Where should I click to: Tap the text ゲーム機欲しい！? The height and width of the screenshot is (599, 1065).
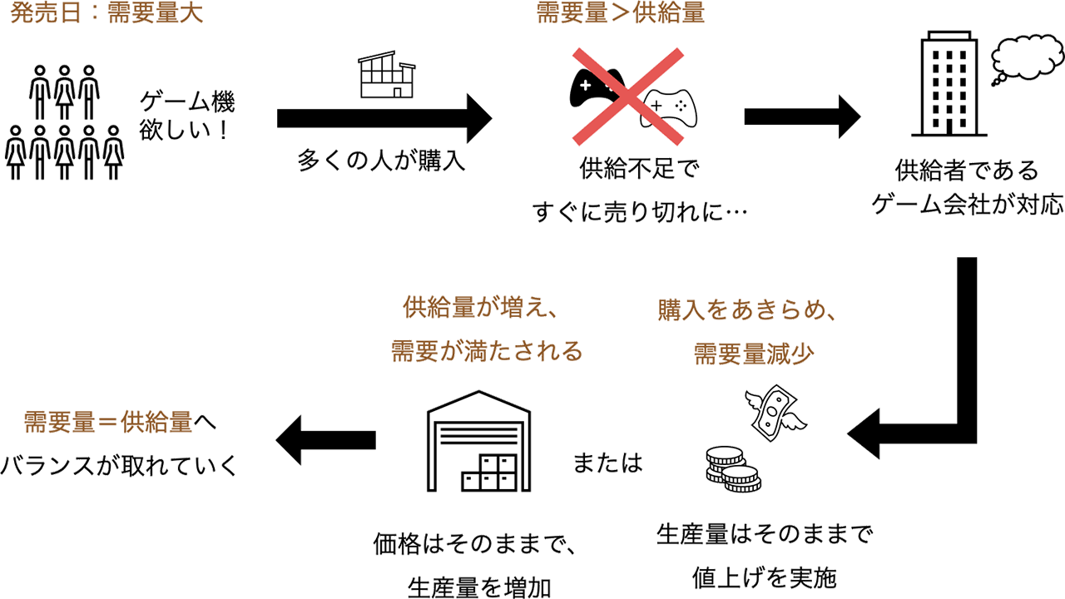pos(187,116)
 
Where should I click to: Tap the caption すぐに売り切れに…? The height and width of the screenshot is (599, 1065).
pos(639,210)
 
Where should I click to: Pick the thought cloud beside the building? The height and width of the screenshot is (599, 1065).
pos(1027,59)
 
